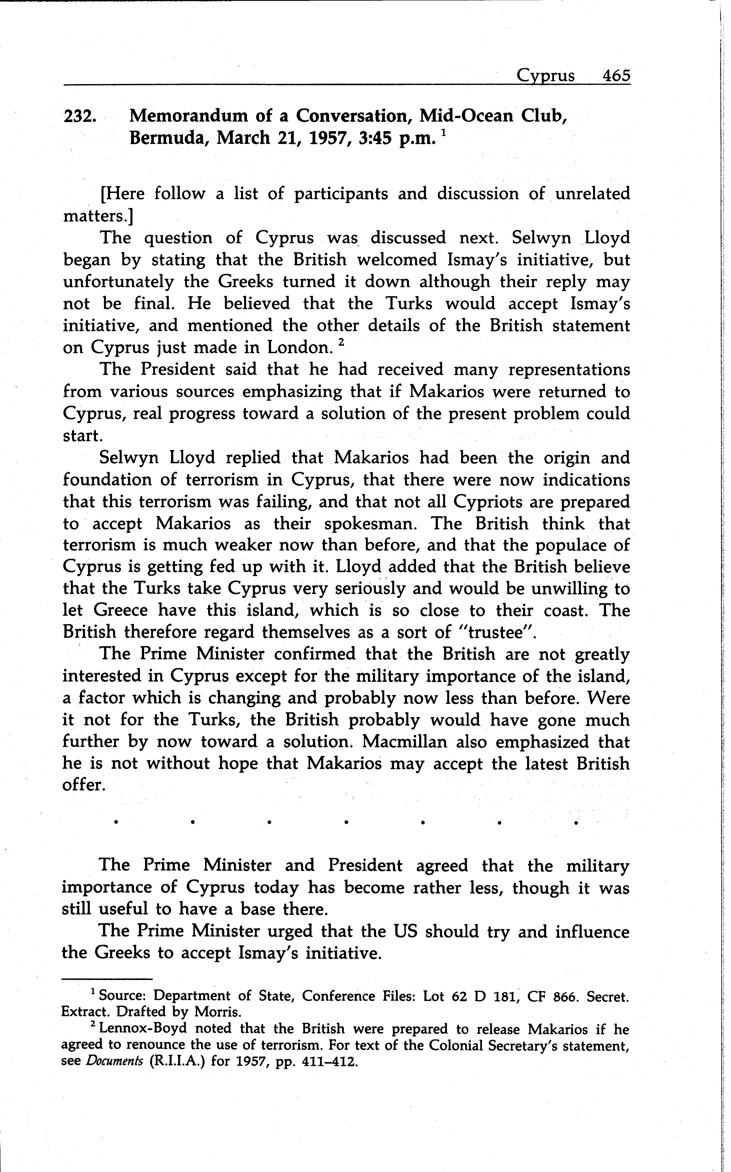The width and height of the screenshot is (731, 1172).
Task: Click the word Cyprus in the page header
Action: (x=545, y=76)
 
